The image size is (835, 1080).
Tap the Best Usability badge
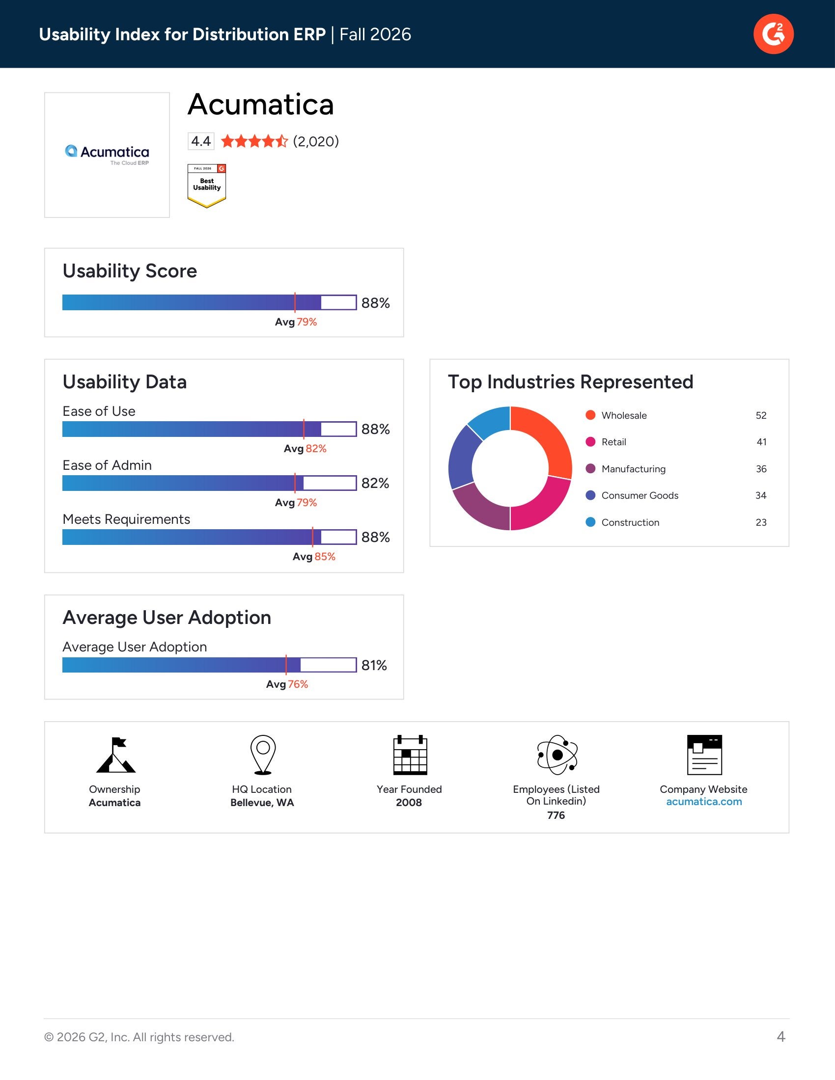point(207,186)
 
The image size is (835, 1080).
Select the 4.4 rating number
point(201,141)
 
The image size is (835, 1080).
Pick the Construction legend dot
point(590,522)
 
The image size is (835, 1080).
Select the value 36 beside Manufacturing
point(761,469)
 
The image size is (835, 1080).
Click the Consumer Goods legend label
point(640,495)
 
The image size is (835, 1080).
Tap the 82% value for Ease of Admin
point(375,483)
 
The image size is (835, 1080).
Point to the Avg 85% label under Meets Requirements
point(314,556)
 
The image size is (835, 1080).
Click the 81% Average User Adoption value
point(374,665)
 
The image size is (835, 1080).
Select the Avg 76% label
point(287,684)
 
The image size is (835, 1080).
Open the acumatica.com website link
point(704,802)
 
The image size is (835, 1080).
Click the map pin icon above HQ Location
point(263,755)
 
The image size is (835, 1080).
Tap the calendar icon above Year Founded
point(410,755)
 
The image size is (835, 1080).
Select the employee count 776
point(556,815)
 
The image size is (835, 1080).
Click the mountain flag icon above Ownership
point(115,755)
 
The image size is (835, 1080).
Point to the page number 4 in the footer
point(781,1036)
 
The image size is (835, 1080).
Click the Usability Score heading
point(130,271)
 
